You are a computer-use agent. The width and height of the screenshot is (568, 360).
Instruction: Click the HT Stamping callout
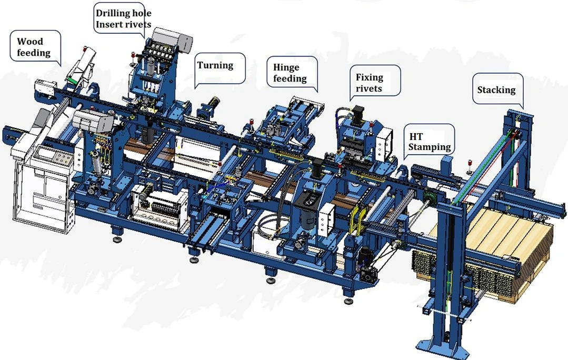point(430,142)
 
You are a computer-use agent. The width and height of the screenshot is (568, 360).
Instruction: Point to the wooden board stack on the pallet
point(505,237)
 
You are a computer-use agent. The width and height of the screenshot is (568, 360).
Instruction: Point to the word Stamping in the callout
point(430,147)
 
